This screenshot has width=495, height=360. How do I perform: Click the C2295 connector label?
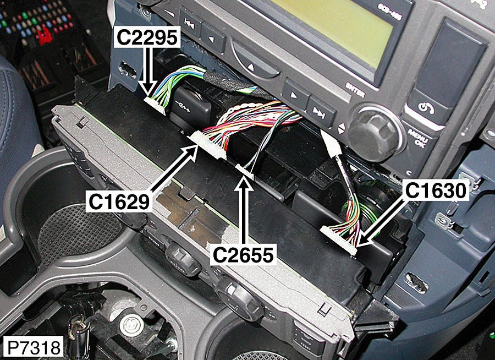pyautogui.click(x=147, y=37)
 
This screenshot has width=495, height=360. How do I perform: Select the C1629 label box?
pyautogui.click(x=119, y=201)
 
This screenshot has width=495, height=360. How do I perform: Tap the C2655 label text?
pyautogui.click(x=243, y=255)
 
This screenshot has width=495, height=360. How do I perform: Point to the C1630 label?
pyautogui.click(x=436, y=190)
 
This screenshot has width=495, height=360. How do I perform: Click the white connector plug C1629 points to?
pyautogui.click(x=208, y=144)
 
